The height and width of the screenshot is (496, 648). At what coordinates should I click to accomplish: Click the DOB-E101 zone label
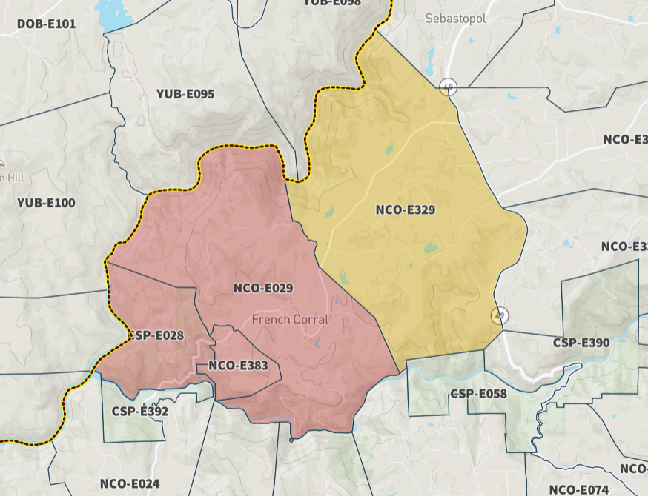click(x=46, y=24)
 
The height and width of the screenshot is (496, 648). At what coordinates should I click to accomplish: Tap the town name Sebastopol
click(x=455, y=19)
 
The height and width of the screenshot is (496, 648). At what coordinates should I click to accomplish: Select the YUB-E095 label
click(x=185, y=94)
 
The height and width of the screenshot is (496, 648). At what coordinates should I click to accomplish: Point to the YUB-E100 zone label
click(x=46, y=202)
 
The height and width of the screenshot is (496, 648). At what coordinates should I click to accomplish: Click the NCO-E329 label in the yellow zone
click(x=405, y=210)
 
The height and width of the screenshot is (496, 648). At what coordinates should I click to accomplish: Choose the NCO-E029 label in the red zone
click(x=263, y=288)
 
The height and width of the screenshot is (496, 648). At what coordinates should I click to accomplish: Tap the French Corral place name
click(x=290, y=319)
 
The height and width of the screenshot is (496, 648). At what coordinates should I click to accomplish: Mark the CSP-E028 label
click(x=156, y=335)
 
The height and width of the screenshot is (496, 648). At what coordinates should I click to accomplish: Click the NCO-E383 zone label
click(x=238, y=365)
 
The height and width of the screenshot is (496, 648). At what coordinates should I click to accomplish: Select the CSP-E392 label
click(x=140, y=412)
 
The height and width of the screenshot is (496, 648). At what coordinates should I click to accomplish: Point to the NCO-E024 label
click(x=130, y=484)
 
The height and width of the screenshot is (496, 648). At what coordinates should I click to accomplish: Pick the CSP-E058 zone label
click(x=478, y=393)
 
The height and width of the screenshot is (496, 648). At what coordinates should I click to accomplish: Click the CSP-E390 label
click(x=581, y=343)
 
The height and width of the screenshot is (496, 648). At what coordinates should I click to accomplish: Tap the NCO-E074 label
click(x=579, y=489)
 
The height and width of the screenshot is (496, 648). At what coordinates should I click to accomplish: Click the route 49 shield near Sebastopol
click(x=447, y=87)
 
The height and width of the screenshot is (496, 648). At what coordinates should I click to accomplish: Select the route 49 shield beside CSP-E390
click(x=500, y=315)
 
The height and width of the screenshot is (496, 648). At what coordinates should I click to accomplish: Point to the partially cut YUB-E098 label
click(x=331, y=3)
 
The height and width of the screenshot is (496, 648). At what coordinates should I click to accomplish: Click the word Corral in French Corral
click(x=310, y=319)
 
